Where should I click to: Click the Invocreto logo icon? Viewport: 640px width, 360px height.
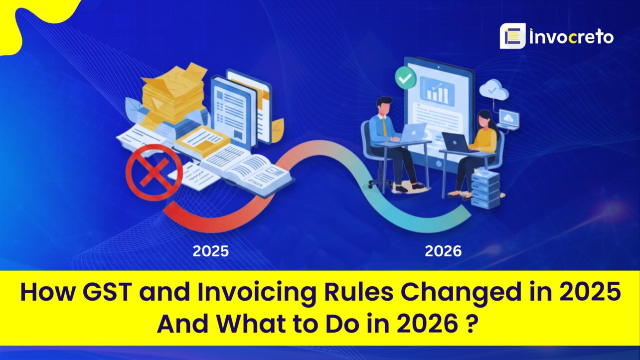point(512,36)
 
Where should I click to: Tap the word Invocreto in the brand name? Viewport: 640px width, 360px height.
point(572,37)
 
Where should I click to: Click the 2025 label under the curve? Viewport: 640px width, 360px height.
point(211,251)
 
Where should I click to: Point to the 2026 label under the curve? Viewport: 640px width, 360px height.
point(443,251)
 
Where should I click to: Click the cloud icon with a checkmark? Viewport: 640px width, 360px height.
point(493,91)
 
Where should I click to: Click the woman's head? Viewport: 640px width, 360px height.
point(483,118)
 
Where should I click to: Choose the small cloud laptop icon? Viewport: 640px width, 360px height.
point(509,119)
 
